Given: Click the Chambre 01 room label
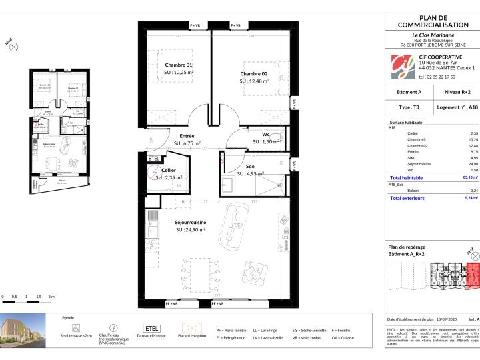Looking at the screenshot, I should coord(179,65).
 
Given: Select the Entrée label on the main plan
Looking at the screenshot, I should coord(187,135).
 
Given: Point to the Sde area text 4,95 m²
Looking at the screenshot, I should coord(252,174).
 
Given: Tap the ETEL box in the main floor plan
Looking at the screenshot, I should coord(153,159).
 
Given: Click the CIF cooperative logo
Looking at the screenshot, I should coord(402,65).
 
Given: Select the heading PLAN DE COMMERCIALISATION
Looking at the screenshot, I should coord(433,21).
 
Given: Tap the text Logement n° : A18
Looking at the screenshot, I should coord(457,106).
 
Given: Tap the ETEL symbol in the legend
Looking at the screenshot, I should coord(147,329).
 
